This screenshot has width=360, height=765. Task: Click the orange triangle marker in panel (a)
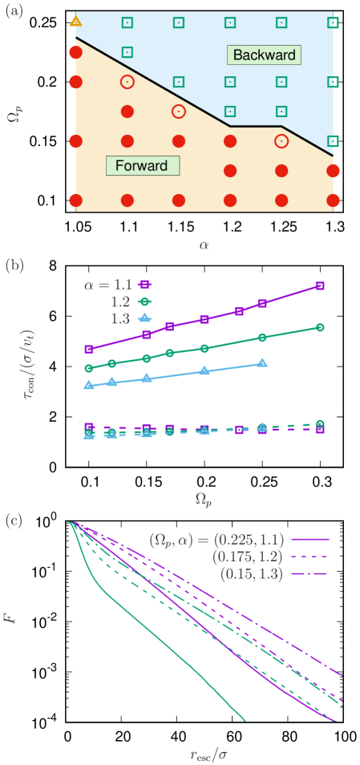[75, 20]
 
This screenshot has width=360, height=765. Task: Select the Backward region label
[264, 55]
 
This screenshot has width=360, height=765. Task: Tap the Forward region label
[142, 166]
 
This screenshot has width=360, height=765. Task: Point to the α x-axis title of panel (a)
[204, 244]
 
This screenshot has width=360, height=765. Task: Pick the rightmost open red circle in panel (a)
[281, 141]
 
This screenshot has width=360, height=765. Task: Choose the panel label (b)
[14, 265]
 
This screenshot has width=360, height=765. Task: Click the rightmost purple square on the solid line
[320, 285]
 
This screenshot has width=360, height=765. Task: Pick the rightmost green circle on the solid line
[320, 327]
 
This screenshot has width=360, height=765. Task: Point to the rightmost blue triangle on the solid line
[263, 363]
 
